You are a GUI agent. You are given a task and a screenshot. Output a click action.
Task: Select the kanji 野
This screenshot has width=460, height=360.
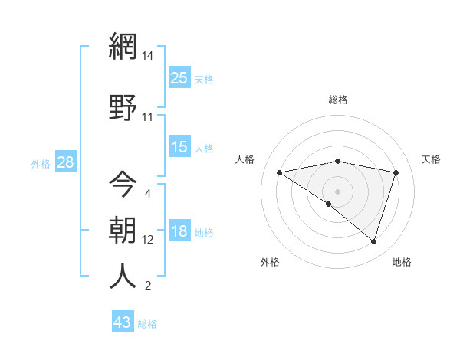point(123,106)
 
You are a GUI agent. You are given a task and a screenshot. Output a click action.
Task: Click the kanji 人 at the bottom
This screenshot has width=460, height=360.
point(123,277)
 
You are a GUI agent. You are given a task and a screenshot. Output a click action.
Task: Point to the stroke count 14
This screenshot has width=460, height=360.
point(148,56)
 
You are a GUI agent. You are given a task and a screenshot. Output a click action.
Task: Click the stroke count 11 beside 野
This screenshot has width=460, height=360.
point(148,117)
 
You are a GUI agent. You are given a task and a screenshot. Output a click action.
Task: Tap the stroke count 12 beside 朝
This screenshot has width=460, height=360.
point(148,240)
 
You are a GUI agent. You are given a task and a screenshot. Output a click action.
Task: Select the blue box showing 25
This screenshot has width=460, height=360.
point(179,77)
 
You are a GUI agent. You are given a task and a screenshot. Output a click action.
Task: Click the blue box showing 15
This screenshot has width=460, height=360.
point(179,146)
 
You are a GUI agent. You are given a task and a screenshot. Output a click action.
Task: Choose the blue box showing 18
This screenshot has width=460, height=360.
point(179,231)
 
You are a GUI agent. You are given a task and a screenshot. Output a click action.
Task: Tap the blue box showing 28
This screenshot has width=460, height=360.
point(65,162)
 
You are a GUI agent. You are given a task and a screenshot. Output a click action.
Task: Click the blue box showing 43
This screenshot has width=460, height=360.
point(123,322)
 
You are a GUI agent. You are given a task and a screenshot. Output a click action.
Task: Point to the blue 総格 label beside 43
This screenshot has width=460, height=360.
point(148,324)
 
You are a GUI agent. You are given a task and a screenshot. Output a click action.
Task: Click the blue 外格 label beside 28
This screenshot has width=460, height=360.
point(41,163)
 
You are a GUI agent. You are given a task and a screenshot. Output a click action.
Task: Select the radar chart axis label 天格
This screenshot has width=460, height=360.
point(431,159)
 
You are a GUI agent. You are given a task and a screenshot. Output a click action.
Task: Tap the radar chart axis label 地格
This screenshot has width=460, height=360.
point(402,262)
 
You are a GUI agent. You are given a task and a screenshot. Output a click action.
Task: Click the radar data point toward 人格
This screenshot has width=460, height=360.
point(280,172)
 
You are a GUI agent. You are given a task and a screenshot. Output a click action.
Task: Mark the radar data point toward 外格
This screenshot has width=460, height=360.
point(329,204)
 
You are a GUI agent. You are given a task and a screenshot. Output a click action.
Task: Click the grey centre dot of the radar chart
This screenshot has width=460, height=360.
point(337,191)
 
